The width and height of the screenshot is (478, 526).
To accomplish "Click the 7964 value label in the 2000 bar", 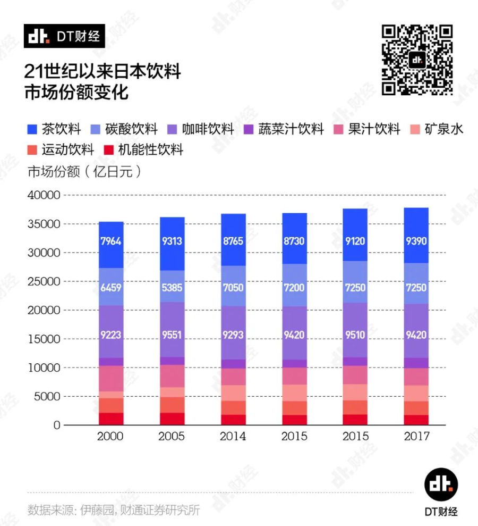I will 111,241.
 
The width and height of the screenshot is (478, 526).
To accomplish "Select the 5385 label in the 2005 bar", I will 172,287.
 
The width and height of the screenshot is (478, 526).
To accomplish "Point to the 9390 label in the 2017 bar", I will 416,241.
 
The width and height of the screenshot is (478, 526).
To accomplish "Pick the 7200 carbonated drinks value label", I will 294,287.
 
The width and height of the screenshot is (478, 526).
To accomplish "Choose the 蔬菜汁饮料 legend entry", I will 284,129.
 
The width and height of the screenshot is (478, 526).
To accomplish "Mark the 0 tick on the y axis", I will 56,425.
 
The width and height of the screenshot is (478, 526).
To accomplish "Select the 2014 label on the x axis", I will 233,437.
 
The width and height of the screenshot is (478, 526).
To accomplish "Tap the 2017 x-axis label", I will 416,437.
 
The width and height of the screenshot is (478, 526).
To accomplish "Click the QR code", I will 417,60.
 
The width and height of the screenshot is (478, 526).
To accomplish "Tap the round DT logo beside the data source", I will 441,485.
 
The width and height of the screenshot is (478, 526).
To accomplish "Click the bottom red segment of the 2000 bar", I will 111,419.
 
